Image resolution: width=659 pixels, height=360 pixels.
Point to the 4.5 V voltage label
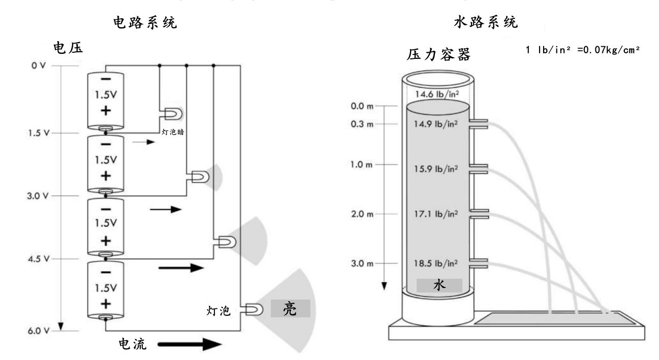tap(39, 258)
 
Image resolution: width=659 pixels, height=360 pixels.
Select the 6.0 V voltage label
tap(39, 331)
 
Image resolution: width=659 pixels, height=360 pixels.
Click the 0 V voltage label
tap(39, 66)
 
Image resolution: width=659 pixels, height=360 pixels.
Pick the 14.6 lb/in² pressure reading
tap(436, 93)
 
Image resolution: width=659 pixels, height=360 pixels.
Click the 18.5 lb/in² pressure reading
tap(436, 264)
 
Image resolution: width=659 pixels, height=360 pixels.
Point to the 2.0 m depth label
tap(363, 214)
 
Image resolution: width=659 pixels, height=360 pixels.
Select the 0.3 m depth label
tap(363, 125)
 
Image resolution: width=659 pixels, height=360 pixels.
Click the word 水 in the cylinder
tap(440, 286)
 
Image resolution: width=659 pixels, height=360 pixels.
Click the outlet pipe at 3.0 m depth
tap(479, 264)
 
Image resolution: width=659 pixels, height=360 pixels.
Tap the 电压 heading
tap(68, 47)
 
